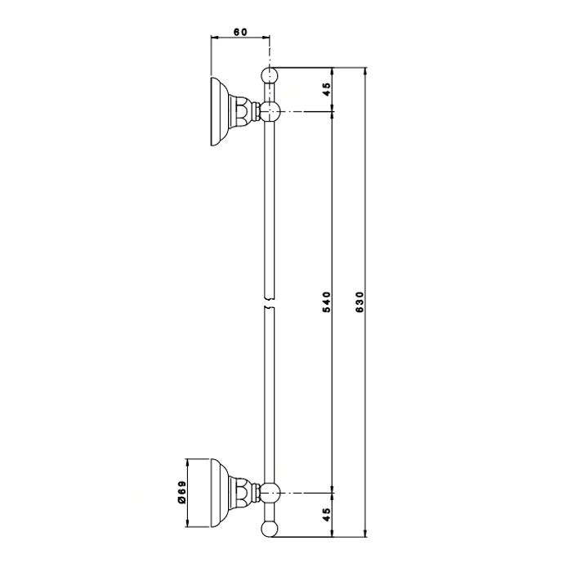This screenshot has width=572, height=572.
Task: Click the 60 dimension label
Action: (240, 32)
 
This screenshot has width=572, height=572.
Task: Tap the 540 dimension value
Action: (327, 302)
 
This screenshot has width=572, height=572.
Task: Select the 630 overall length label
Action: (360, 302)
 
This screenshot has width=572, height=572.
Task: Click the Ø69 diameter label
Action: (181, 493)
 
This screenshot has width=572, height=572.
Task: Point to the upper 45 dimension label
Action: (327, 89)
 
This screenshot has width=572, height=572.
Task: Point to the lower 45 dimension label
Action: (327, 515)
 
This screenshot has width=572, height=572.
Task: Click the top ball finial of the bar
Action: (270, 75)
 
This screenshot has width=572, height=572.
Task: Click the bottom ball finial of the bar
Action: (270, 529)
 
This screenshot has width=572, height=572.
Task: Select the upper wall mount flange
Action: (220, 112)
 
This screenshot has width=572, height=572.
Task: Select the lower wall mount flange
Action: (220, 493)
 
